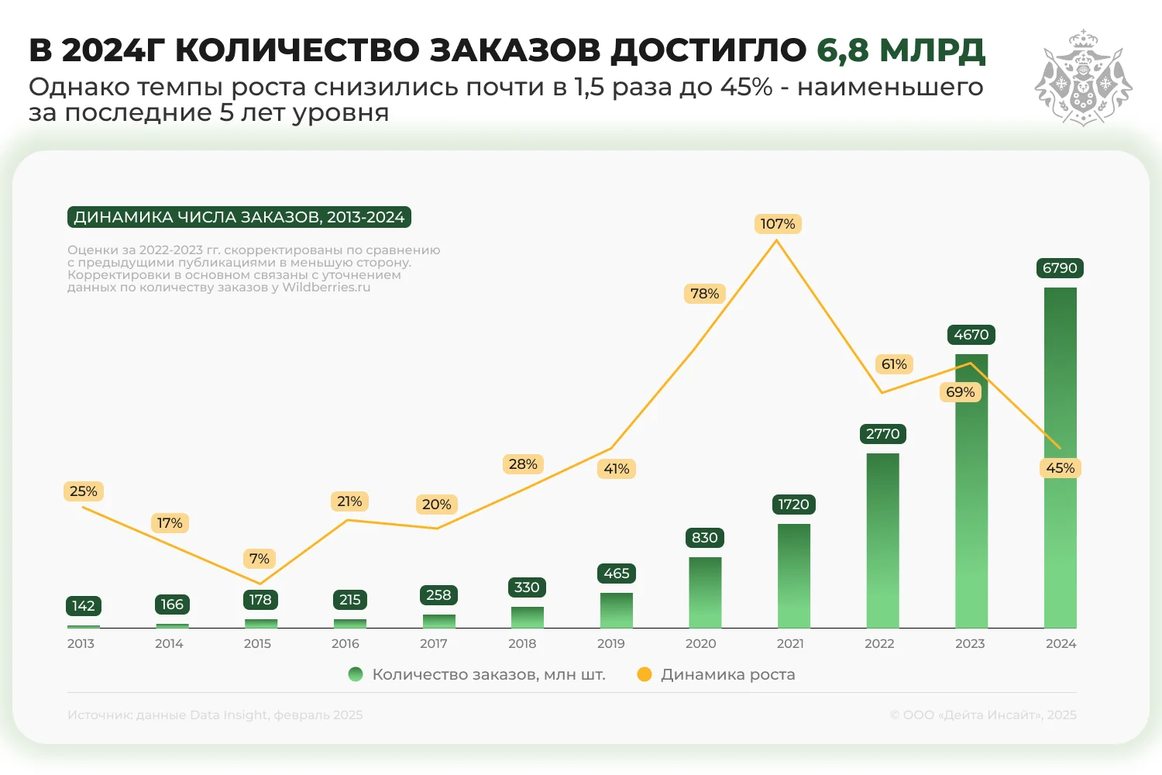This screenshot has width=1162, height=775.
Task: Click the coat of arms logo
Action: pyautogui.click(x=1083, y=77)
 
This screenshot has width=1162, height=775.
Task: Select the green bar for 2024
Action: pyautogui.click(x=1060, y=457)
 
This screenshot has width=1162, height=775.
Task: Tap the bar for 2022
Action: pyautogui.click(x=882, y=540)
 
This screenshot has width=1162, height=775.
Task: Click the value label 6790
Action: pyautogui.click(x=1060, y=268)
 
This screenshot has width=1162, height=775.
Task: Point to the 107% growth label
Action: pyautogui.click(x=777, y=224)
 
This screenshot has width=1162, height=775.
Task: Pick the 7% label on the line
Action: pyautogui.click(x=259, y=559)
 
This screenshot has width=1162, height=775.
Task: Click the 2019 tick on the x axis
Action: pyautogui.click(x=610, y=643)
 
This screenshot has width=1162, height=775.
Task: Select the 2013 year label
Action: pyautogui.click(x=81, y=643)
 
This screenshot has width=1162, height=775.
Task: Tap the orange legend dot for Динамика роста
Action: pyautogui.click(x=644, y=674)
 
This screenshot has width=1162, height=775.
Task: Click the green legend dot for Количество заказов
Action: pyautogui.click(x=356, y=674)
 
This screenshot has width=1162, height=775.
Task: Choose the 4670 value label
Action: pyautogui.click(x=971, y=335)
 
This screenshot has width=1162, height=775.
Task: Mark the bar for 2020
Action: pyautogui.click(x=705, y=592)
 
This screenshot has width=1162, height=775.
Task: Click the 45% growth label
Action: pyautogui.click(x=1060, y=468)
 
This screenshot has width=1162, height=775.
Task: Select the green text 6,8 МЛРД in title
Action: pyautogui.click(x=900, y=50)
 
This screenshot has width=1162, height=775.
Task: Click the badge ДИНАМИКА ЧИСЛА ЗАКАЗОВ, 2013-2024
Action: pyautogui.click(x=239, y=217)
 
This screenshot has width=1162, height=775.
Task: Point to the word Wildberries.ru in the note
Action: pyautogui.click(x=326, y=288)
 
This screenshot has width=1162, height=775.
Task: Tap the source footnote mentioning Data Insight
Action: pyautogui.click(x=215, y=715)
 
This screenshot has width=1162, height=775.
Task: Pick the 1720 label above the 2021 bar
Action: pyautogui.click(x=793, y=505)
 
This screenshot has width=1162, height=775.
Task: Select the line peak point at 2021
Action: pyautogui.click(x=777, y=241)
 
